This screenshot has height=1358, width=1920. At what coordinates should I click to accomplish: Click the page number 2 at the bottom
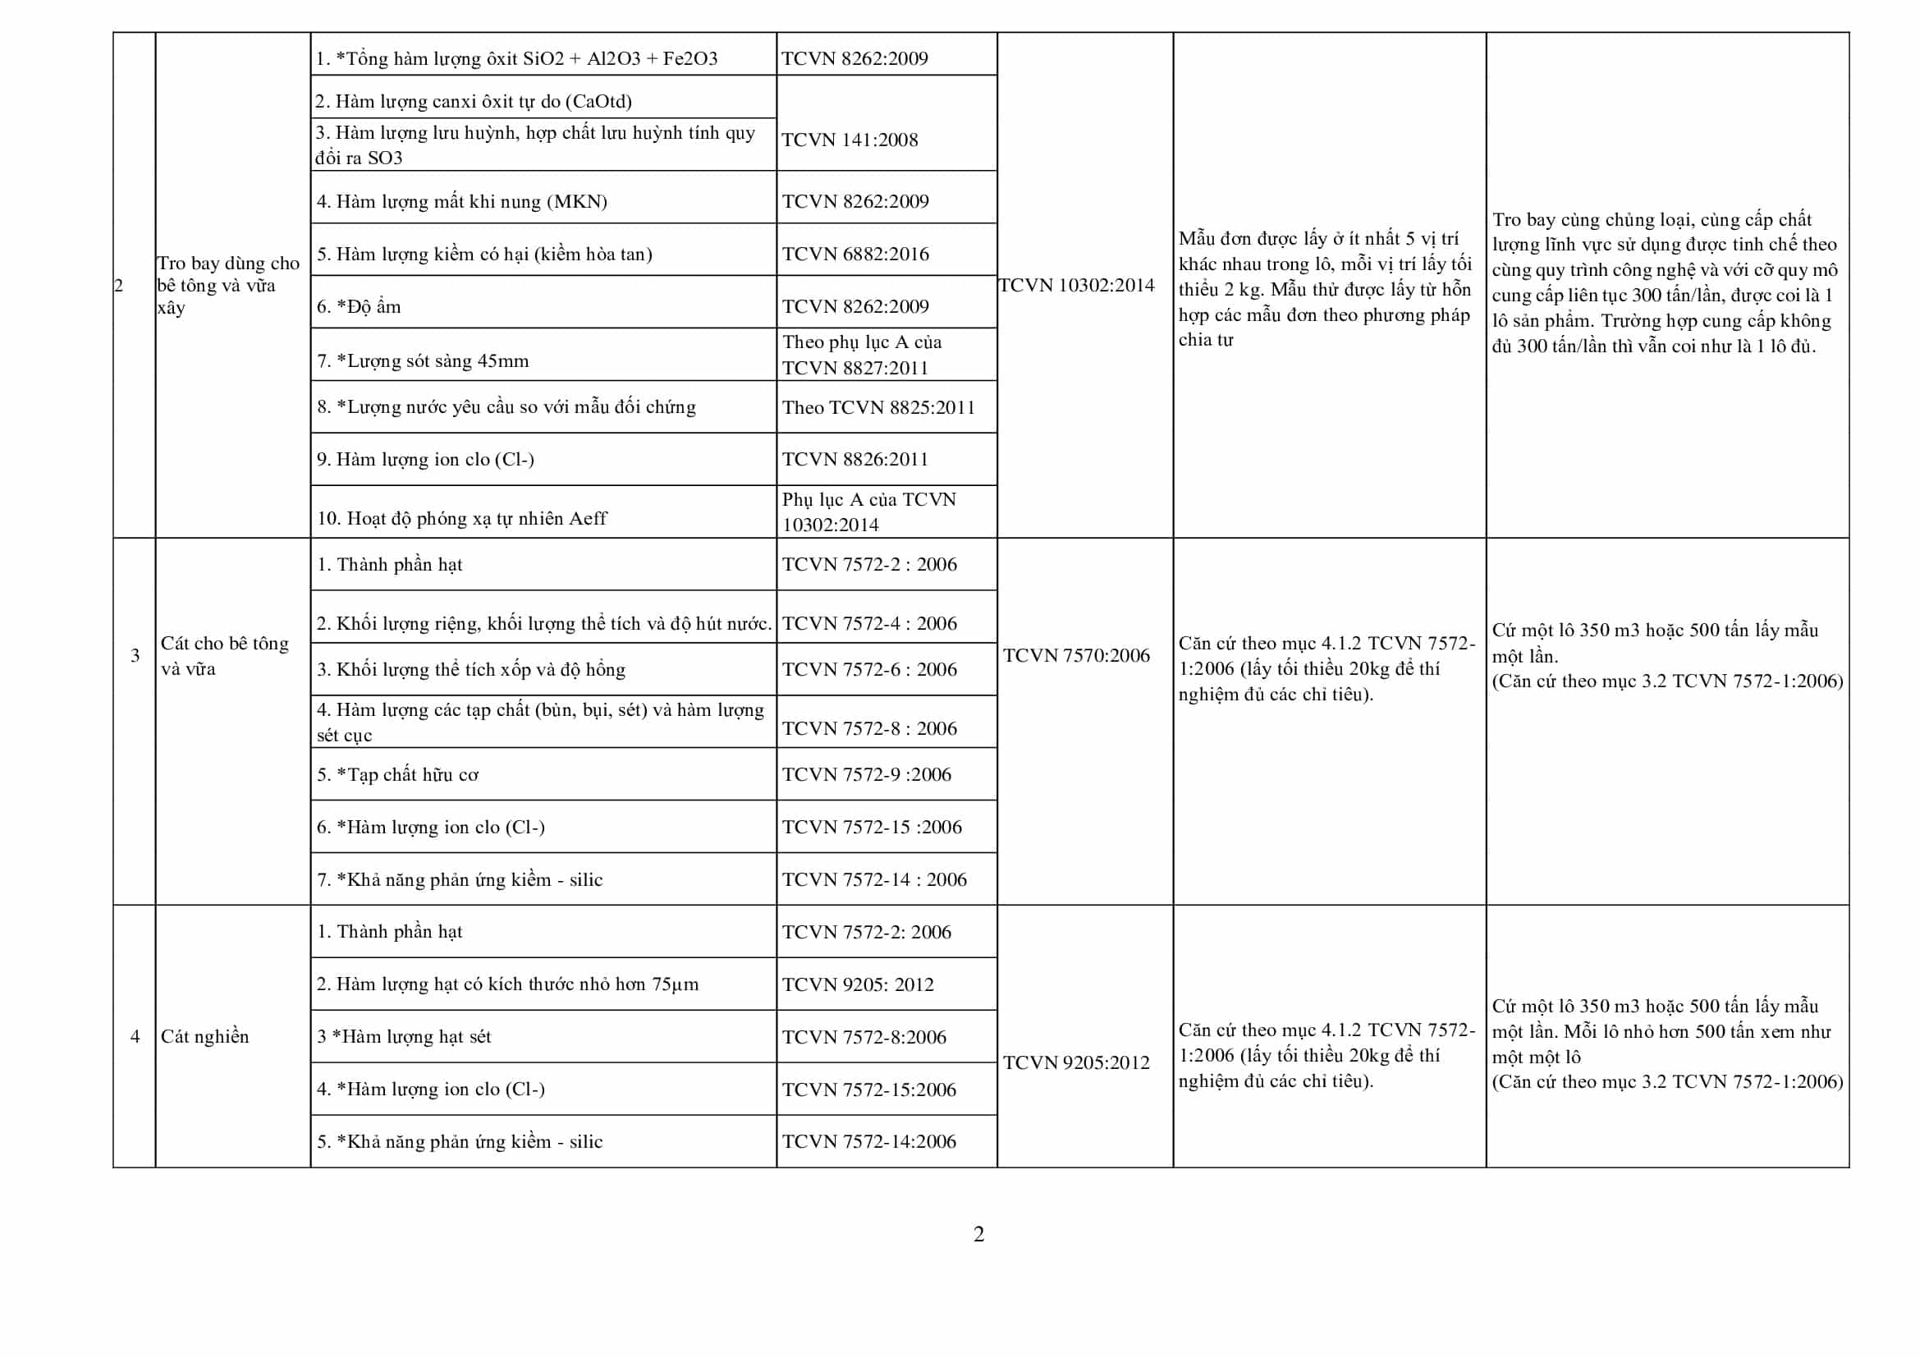[978, 1234]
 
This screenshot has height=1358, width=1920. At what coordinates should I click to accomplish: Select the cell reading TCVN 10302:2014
[1076, 285]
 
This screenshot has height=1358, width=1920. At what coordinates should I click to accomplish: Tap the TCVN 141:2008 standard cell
[850, 140]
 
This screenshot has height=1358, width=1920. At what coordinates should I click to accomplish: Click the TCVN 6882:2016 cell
[855, 254]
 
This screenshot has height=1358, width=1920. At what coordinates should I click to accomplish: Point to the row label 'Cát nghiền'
[205, 1036]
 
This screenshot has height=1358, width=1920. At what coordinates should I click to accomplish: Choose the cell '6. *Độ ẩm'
[359, 306]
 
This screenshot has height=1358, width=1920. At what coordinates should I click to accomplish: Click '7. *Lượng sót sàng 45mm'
[423, 360]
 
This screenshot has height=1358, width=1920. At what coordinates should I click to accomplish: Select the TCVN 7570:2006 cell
[1076, 654]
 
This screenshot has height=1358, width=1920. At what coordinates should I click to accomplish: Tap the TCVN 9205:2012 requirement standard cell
[1076, 1062]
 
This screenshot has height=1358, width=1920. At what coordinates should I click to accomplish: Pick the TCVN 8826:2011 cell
[855, 459]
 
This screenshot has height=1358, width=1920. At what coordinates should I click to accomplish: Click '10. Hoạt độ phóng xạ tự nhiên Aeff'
[461, 518]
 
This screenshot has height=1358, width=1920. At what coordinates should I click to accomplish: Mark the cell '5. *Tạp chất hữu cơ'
[397, 774]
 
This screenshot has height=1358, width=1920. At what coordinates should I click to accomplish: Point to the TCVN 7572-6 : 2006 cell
[868, 669]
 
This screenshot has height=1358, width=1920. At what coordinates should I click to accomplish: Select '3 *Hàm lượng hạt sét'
[404, 1036]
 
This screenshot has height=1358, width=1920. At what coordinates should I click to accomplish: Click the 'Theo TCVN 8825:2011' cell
[878, 407]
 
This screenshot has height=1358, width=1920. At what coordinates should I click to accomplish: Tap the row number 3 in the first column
[135, 654]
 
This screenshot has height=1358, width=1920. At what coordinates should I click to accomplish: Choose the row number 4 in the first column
[135, 1036]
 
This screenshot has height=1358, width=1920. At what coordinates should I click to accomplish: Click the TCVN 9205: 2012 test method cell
[857, 984]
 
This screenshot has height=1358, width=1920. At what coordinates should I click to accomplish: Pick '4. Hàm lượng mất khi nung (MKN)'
[461, 201]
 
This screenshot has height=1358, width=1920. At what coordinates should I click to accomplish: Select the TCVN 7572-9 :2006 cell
[866, 774]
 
